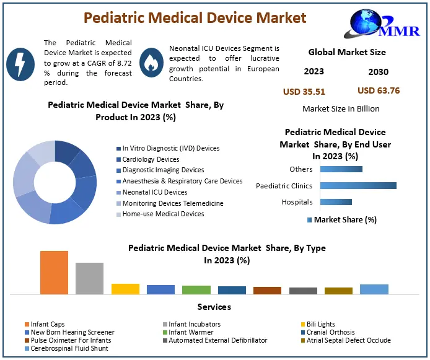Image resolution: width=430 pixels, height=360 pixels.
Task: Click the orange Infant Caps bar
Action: pyautogui.click(x=54, y=272)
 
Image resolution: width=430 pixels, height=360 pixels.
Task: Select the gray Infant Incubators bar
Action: pyautogui.click(x=89, y=278)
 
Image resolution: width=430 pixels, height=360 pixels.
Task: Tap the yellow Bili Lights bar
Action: pyautogui.click(x=125, y=289)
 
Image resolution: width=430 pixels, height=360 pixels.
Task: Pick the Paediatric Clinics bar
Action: pyautogui.click(x=358, y=185)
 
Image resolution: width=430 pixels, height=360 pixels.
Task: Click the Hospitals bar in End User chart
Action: pyautogui.click(x=336, y=202)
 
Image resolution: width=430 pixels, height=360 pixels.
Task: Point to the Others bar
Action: pyautogui.click(x=341, y=169)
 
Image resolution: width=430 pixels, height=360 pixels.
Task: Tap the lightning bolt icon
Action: pyautogui.click(x=20, y=63)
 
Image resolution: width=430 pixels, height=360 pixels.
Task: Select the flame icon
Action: pyautogui.click(x=150, y=63)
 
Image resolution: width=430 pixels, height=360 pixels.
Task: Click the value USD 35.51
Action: pyautogui.click(x=304, y=92)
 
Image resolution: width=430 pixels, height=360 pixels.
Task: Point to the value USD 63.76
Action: pyautogui.click(x=379, y=90)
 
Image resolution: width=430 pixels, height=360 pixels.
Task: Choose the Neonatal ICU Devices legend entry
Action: pyautogui.click(x=154, y=192)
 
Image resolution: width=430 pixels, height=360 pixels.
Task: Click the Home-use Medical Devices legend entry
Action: pyautogui.click(x=162, y=214)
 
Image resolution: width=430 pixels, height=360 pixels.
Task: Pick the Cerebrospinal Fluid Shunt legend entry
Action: pyautogui.click(x=68, y=348)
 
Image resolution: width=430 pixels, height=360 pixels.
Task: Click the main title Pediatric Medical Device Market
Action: pyautogui.click(x=195, y=17)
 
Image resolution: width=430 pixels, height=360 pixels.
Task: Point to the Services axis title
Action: pyautogui.click(x=214, y=307)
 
